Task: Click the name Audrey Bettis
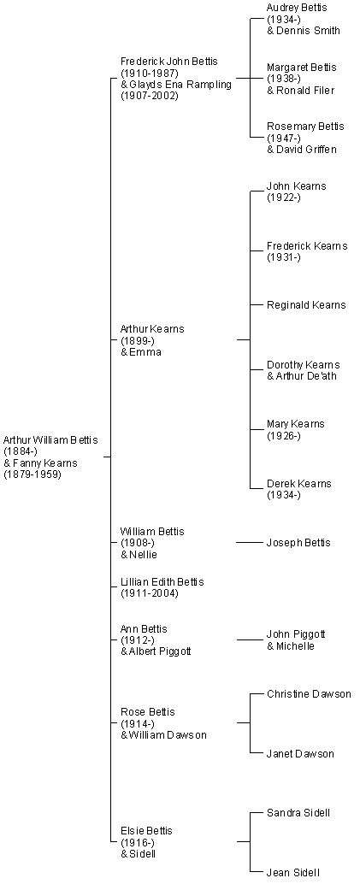(x=297, y=8)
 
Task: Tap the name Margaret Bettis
(x=301, y=68)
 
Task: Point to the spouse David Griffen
(x=306, y=150)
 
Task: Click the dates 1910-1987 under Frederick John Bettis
(x=150, y=73)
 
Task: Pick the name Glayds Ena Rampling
(x=180, y=85)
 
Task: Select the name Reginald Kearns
(x=306, y=305)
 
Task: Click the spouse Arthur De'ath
(x=306, y=376)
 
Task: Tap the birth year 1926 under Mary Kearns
(x=284, y=436)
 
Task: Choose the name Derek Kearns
(x=299, y=484)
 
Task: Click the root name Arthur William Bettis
(x=50, y=439)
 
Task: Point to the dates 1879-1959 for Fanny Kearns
(x=32, y=474)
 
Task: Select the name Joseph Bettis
(x=298, y=543)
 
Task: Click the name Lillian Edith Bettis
(x=162, y=582)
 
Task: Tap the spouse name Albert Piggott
(x=161, y=651)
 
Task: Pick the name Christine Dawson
(x=309, y=694)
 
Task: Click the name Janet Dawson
(x=300, y=754)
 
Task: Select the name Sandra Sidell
(x=298, y=813)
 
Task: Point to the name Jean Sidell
(x=294, y=873)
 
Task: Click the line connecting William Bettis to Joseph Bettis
(x=251, y=543)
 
